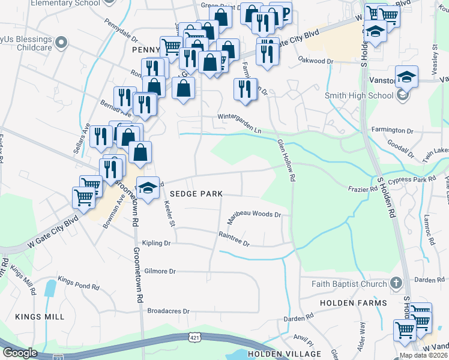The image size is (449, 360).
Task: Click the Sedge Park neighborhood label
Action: click(196, 194)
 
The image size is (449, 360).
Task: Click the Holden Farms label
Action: click(354, 303)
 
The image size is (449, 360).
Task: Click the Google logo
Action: click(19, 353)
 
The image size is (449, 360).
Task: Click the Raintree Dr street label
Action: click(234, 239)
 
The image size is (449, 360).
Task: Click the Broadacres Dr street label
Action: click(168, 311)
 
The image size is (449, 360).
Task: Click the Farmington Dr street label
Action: click(393, 130)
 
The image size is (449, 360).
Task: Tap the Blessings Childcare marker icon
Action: click(60, 43)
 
